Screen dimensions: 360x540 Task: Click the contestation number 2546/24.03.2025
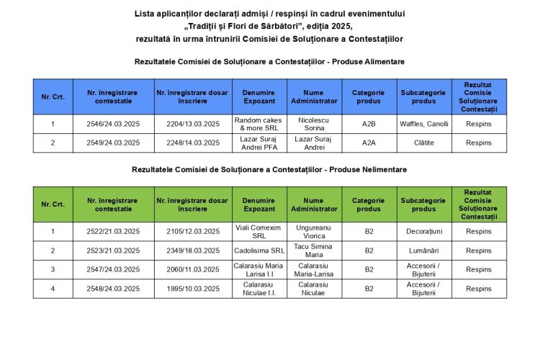[x=113, y=124]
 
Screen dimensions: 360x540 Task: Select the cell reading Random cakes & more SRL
[x=259, y=124]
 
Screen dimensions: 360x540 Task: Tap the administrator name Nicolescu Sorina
[x=314, y=124]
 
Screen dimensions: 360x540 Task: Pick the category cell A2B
[x=369, y=124]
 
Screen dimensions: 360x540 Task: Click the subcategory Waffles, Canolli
[x=423, y=124]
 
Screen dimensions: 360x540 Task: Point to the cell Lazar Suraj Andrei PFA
[x=259, y=143]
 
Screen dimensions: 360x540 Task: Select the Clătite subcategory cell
[x=423, y=143]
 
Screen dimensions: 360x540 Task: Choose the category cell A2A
[x=369, y=143]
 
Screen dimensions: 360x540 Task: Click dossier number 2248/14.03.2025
[x=192, y=143]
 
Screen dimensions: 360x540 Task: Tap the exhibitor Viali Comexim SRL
[x=259, y=232]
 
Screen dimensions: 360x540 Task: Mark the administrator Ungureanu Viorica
[x=314, y=232]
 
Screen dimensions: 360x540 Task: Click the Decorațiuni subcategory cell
[x=423, y=232]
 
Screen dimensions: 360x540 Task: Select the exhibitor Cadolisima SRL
[x=259, y=251]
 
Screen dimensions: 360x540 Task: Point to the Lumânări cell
[x=423, y=251]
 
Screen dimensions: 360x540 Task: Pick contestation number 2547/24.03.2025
[x=113, y=269]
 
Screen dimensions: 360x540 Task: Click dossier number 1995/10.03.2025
[x=192, y=289]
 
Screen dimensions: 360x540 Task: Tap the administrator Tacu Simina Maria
[x=314, y=251]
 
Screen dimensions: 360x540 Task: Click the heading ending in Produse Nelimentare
[x=269, y=170]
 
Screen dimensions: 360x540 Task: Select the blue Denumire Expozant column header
[x=259, y=96]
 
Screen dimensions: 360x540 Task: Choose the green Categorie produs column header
[x=369, y=204]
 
